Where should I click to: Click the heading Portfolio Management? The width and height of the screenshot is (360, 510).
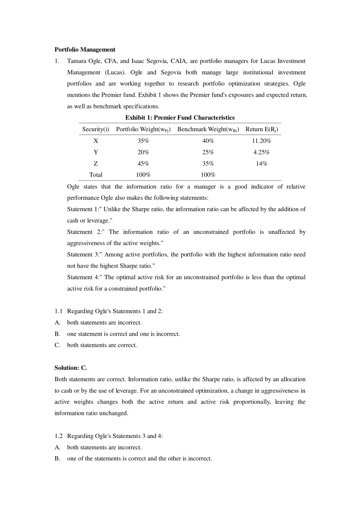[85, 50]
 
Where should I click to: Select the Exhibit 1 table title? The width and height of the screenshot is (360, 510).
[180, 118]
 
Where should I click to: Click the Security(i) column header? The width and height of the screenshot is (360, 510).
[95, 129]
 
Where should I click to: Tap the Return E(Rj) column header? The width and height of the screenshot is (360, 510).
[261, 129]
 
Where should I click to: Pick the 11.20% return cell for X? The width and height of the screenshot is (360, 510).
[261, 141]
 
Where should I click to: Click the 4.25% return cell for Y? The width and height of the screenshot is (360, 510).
[261, 152]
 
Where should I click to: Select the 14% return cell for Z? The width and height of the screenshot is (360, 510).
[261, 163]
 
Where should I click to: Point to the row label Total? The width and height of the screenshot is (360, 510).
[95, 175]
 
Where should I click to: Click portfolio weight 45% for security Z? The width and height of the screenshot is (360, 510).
[143, 163]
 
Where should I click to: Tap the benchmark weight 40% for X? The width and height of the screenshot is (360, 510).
[208, 141]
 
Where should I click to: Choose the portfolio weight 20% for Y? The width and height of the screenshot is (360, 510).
[143, 152]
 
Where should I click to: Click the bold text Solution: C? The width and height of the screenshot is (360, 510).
[71, 368]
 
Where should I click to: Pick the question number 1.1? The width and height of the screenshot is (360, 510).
[58, 311]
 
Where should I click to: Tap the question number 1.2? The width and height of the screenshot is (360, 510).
[58, 436]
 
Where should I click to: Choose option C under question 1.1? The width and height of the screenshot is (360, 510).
[58, 345]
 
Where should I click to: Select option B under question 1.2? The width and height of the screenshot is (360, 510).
[58, 458]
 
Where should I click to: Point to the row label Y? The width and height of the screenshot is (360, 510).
[95, 152]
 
